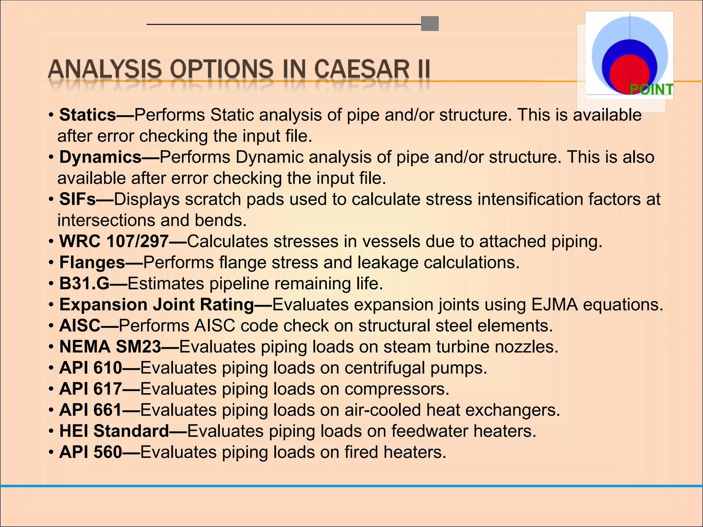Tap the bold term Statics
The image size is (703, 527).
coord(88,115)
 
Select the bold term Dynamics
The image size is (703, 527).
coord(100,157)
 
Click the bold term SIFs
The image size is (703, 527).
coord(77,199)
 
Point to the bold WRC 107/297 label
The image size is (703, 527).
coord(114,242)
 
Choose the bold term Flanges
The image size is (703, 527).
coord(92,263)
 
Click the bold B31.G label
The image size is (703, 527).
coord(84,284)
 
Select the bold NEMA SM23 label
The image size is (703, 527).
coord(110,347)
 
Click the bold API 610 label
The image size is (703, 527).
coord(91,368)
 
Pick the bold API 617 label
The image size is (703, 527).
coord(91,389)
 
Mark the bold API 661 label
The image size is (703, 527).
coord(91,410)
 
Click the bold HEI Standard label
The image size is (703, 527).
coord(114,431)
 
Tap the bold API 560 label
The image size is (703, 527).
coord(91,452)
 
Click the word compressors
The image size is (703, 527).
coord(397,389)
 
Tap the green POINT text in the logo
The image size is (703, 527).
coord(651,90)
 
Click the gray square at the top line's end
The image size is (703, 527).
coord(430,24)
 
